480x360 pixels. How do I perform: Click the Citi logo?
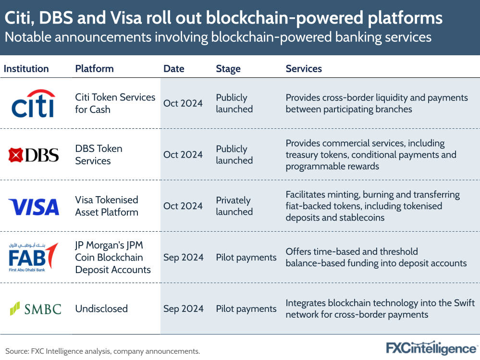(x=33, y=103)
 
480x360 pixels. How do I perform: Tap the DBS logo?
(x=34, y=155)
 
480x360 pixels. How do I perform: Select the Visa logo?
(x=34, y=207)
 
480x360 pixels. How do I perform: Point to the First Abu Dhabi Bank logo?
(x=33, y=257)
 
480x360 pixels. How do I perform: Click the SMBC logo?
(x=36, y=308)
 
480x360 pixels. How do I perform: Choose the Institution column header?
(x=26, y=69)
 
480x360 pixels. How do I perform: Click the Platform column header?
(x=94, y=69)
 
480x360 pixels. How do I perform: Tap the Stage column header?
(x=228, y=69)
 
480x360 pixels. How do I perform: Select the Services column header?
(x=304, y=69)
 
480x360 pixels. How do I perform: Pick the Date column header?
(x=173, y=69)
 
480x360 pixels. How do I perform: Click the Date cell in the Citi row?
(x=183, y=103)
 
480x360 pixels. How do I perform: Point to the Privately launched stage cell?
(x=234, y=206)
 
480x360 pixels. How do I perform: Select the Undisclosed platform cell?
(x=101, y=309)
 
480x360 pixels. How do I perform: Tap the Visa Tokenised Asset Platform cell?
(x=107, y=206)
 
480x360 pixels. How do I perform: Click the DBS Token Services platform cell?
(x=98, y=155)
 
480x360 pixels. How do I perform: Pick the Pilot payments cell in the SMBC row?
(x=246, y=309)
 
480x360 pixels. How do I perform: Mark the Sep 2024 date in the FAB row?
(x=183, y=257)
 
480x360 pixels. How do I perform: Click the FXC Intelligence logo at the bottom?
(x=431, y=348)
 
